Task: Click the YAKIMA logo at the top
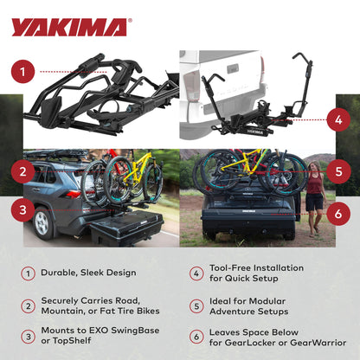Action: click(x=68, y=27)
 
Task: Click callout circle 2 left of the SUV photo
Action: click(x=27, y=170)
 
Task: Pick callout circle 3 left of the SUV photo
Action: click(x=27, y=208)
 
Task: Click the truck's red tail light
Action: click(x=191, y=87)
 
